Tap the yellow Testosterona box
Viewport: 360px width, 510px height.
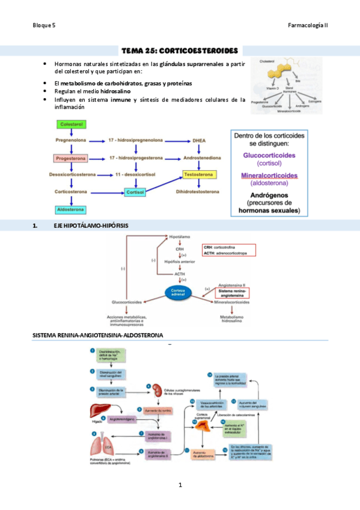[198, 174]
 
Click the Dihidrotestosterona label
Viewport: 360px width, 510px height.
[198, 192]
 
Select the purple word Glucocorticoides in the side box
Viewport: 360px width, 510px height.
[269, 155]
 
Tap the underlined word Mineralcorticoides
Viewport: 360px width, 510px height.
[269, 176]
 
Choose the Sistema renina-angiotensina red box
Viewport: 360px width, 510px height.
[231, 293]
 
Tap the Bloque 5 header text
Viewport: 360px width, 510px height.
[44, 25]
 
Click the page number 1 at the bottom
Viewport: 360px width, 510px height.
[180, 485]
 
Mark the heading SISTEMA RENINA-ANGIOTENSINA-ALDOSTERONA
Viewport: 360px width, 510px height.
[97, 335]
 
